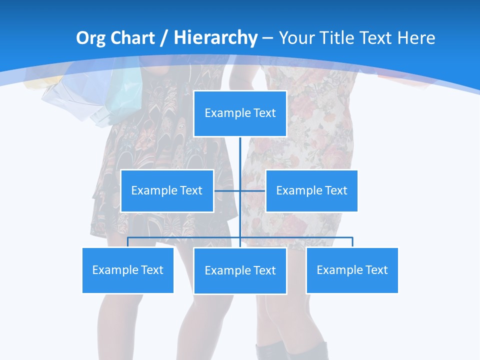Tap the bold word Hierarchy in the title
click(215, 38)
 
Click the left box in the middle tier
click(167, 190)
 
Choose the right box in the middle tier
click(311, 190)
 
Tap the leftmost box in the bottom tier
click(128, 270)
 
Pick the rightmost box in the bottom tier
click(352, 270)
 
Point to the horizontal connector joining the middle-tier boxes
click(252, 190)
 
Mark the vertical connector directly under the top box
click(240, 155)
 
